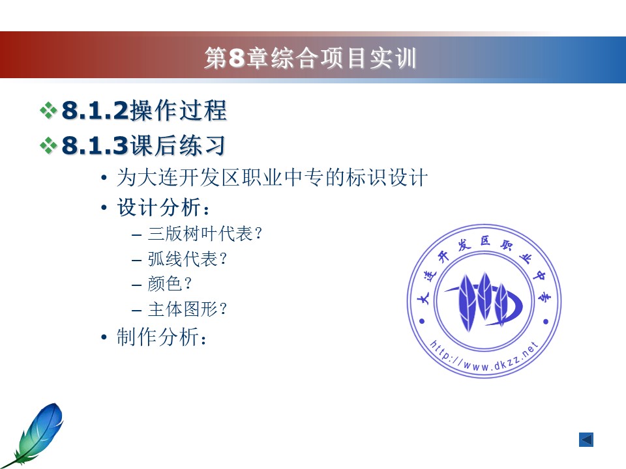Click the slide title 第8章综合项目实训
(x=310, y=58)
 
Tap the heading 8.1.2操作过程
(x=144, y=110)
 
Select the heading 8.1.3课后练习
(x=143, y=145)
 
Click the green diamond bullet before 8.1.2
(x=48, y=111)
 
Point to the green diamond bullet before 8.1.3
(x=48, y=145)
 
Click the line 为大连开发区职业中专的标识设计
(x=273, y=177)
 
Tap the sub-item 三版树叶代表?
(x=204, y=234)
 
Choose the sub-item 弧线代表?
(x=187, y=259)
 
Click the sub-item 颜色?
(x=170, y=284)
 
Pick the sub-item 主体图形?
(x=187, y=309)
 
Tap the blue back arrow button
(x=586, y=440)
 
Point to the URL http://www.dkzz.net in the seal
(x=484, y=357)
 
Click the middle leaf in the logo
(x=484, y=296)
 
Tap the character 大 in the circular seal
(x=423, y=298)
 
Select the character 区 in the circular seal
(x=485, y=240)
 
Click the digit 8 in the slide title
(x=236, y=58)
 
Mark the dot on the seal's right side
(x=546, y=321)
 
